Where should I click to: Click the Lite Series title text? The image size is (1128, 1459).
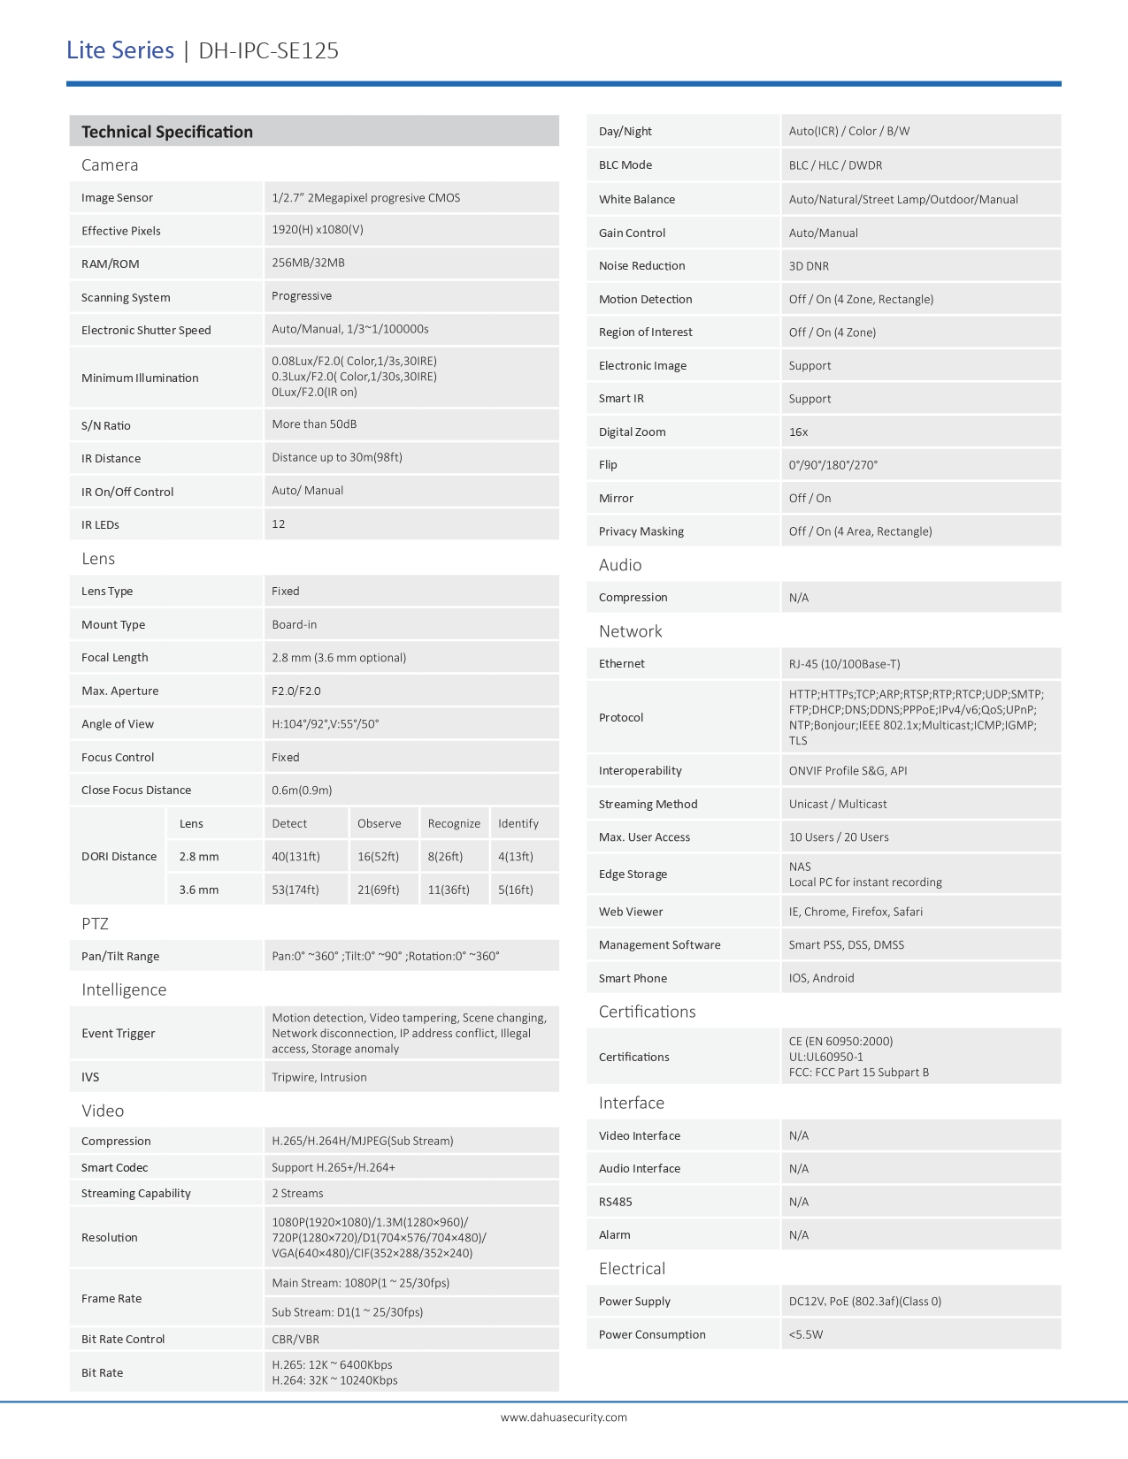[120, 50]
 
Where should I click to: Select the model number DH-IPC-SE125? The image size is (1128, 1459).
[268, 50]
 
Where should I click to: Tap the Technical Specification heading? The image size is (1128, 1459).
[167, 132]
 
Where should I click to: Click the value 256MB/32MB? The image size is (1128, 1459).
[308, 263]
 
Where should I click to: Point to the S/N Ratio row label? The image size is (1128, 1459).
[106, 425]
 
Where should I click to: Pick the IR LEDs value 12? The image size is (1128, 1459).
[279, 524]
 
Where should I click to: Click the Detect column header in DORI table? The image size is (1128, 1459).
[289, 823]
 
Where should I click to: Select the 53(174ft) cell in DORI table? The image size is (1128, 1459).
[295, 890]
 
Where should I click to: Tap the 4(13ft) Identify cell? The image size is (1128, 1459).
[516, 856]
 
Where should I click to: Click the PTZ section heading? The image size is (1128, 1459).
[95, 923]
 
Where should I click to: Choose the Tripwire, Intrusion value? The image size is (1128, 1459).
[319, 1077]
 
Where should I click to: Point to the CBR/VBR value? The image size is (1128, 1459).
[295, 1339]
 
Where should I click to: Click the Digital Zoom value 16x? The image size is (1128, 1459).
[799, 432]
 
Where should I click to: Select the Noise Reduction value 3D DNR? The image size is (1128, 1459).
[809, 265]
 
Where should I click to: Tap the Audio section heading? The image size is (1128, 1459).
[620, 564]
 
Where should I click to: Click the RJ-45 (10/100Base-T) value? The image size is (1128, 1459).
[844, 663]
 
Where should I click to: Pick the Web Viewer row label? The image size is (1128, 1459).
[631, 912]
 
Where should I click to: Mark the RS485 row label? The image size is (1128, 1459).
[616, 1202]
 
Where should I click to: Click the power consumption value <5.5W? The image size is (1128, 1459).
[806, 1334]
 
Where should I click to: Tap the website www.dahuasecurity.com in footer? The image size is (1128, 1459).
[564, 1417]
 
